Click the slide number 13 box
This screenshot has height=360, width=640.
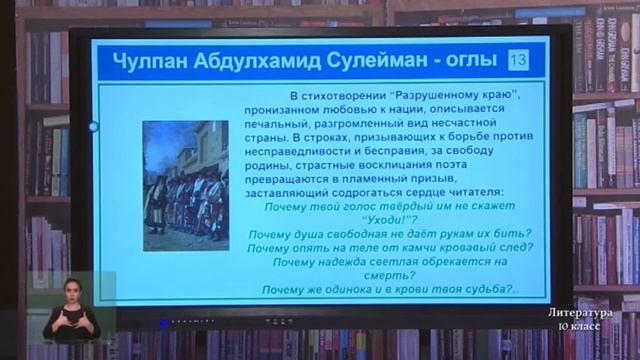[x=518, y=61]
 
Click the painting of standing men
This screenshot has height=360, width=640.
[x=186, y=186]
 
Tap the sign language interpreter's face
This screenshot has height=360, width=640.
[x=71, y=293]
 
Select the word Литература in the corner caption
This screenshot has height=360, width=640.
[x=580, y=314]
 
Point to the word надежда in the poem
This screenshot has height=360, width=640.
[x=345, y=261]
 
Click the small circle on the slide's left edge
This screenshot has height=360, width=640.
[x=94, y=127]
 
